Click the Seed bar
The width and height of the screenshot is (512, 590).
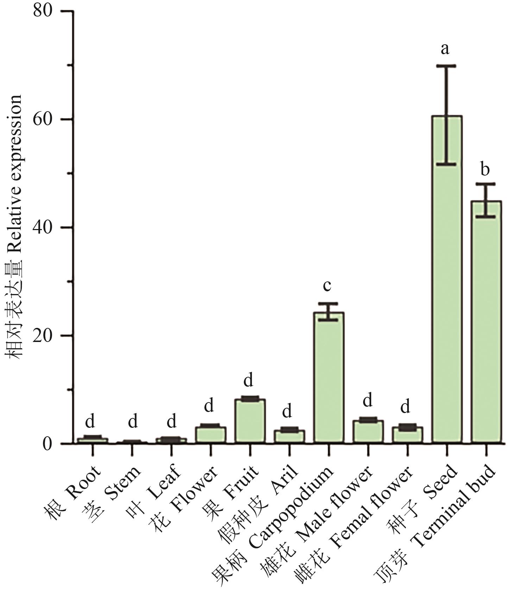[x=447, y=281]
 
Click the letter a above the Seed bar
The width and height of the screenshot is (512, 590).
[x=445, y=49]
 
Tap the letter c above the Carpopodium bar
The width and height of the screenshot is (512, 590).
[x=327, y=286]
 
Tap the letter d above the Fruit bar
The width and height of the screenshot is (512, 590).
[x=248, y=381]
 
